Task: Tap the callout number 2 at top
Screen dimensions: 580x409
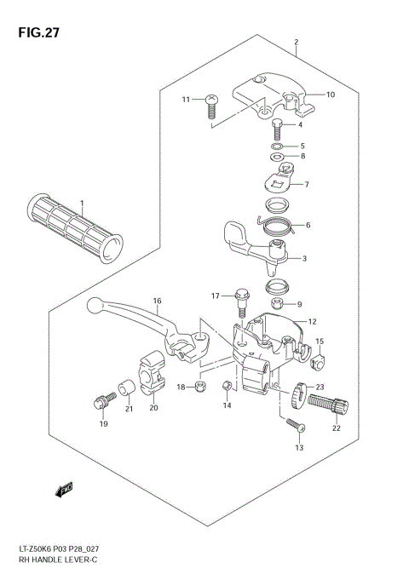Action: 296,43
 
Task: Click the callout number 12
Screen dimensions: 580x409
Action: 312,321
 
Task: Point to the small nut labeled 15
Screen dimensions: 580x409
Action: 319,362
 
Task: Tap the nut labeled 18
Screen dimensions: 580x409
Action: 200,388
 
